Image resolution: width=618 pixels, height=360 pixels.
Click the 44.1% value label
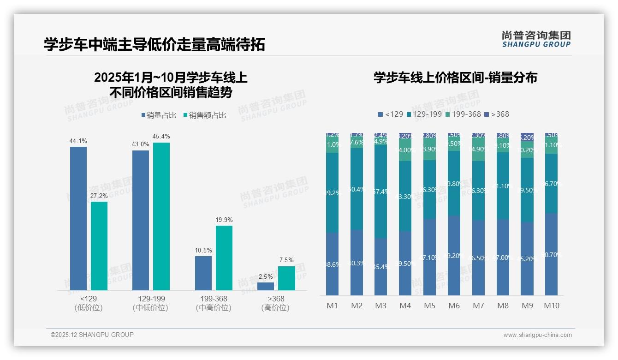pos(78,141)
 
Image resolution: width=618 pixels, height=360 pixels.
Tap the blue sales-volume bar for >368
pos(266,286)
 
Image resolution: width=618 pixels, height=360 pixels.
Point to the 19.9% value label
pos(224,220)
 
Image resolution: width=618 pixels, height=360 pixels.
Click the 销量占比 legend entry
pos(159,115)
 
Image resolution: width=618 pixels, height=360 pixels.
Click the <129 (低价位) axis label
pos(89,303)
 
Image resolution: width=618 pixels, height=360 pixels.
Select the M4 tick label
pos(405,306)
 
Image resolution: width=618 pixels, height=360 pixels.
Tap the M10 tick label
pos(552,306)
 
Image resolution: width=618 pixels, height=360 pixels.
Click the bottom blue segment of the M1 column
pos(332,264)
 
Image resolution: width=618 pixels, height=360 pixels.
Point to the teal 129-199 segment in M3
pos(380,192)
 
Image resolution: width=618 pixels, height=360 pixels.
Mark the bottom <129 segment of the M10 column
pos(552,254)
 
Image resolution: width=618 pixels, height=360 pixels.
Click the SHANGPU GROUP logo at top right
pos(536,39)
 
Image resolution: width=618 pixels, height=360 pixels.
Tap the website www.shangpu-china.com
pos(537,335)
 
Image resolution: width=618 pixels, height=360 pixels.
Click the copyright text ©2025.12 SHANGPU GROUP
pos(92,335)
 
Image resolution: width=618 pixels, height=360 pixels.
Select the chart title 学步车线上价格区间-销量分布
pos(455,78)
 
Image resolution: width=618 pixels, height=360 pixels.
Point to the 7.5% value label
pos(286,260)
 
